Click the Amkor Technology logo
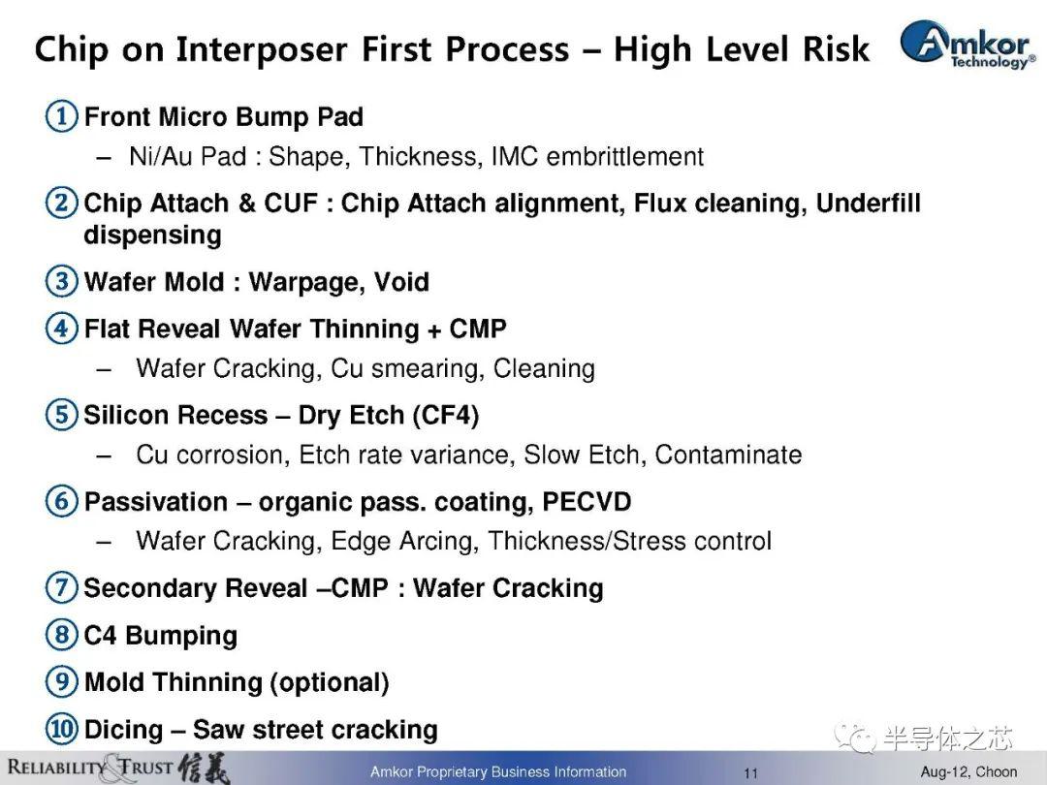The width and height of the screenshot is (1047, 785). point(968,44)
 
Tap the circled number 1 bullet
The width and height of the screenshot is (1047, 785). point(61,116)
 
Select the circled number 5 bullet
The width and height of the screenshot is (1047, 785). point(61,415)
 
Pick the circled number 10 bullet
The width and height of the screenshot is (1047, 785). point(61,729)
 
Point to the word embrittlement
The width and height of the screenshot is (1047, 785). point(625,156)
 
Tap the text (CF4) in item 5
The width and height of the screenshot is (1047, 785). point(445,415)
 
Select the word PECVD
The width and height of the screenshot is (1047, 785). point(587,501)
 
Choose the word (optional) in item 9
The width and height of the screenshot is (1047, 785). point(330,683)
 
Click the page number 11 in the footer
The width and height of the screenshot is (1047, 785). point(751,773)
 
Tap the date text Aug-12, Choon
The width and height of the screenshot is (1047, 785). point(968,771)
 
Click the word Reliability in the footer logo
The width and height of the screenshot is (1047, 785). point(57,767)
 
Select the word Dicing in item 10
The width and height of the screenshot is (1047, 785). point(123,731)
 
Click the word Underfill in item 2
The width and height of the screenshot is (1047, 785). point(868,203)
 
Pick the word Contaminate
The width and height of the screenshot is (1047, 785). point(728,455)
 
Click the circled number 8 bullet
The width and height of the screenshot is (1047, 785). point(61,634)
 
